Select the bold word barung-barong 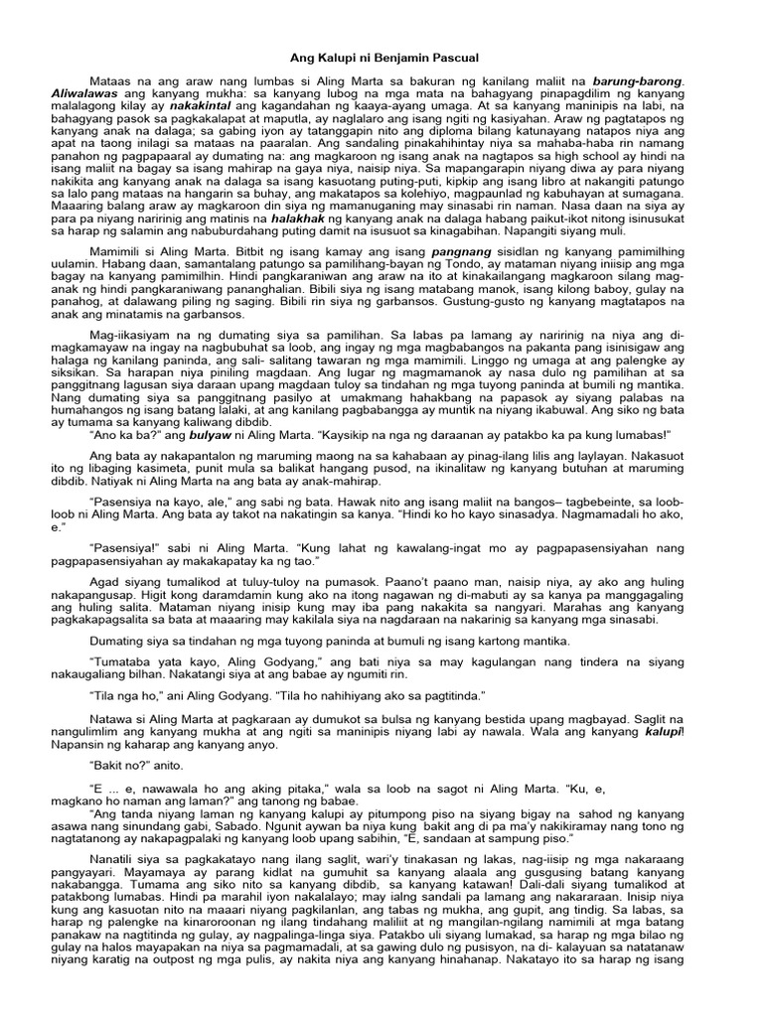pos(641,78)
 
